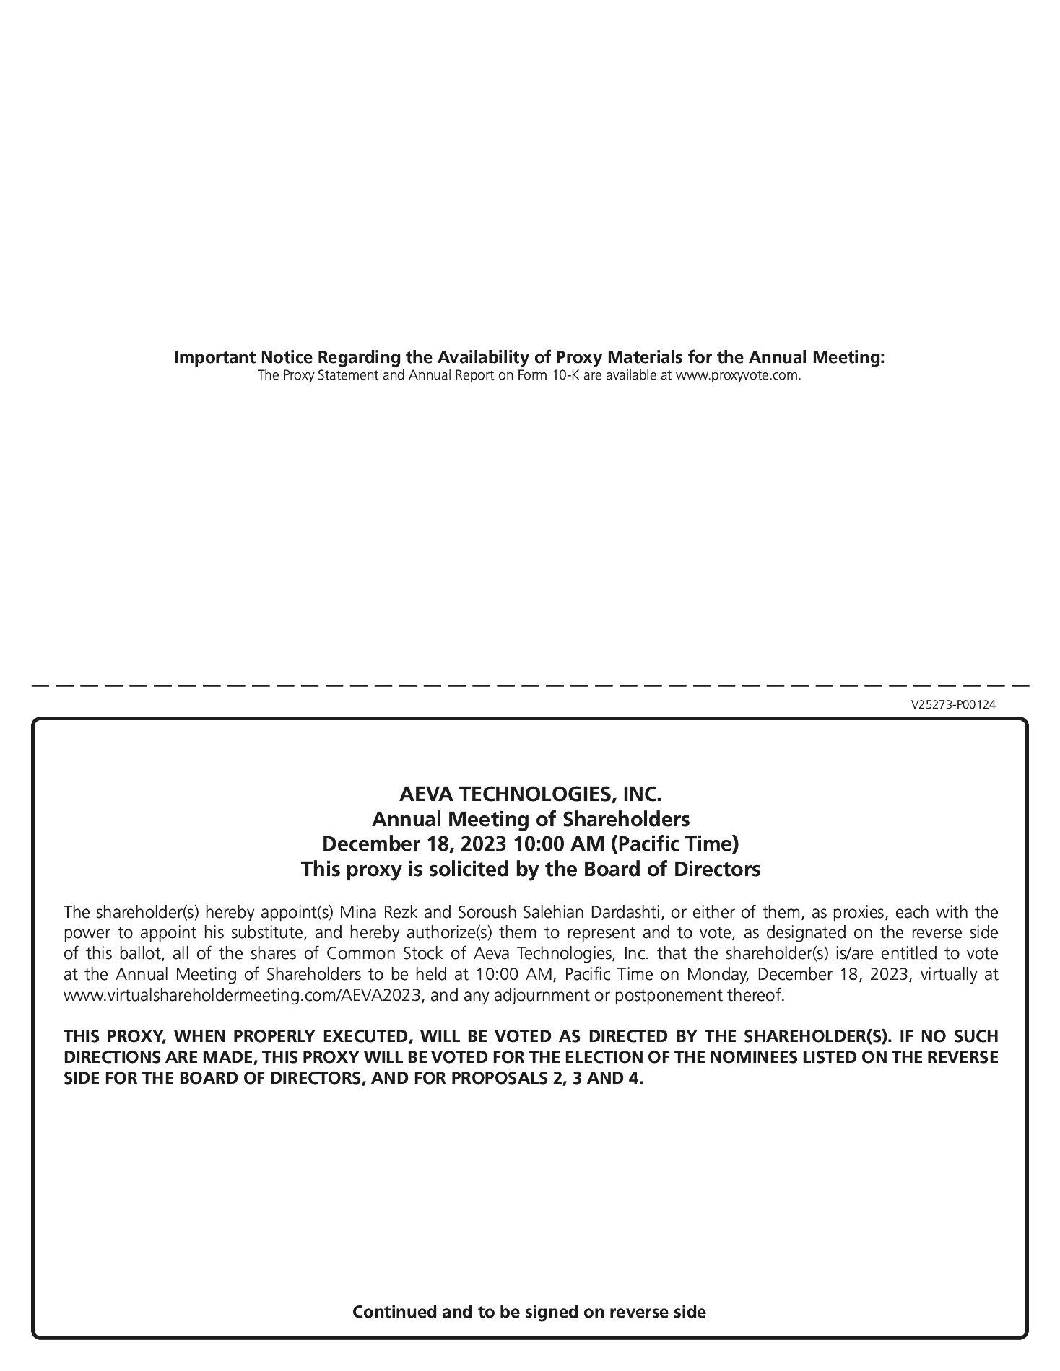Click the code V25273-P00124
coord(953,705)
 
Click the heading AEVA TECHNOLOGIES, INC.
coord(530,794)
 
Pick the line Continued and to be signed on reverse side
coord(529,1311)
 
